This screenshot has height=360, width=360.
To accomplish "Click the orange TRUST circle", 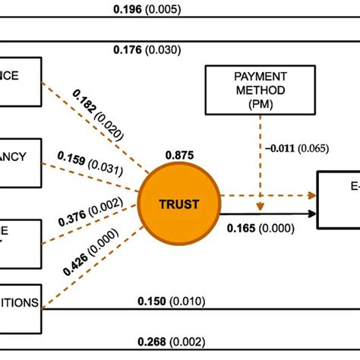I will (179, 203).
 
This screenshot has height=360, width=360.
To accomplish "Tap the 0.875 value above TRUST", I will (179, 155).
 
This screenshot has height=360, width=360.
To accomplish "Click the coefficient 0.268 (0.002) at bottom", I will (171, 341).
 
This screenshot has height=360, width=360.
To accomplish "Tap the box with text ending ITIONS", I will (21, 303).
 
